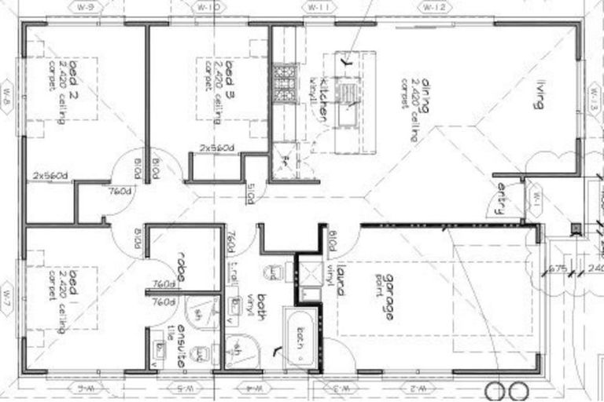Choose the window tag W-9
pos(87,7)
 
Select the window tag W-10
pos(207,7)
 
